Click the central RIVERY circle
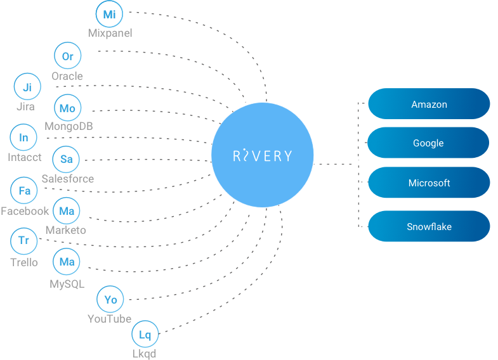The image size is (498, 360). (x=262, y=155)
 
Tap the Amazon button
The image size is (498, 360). (x=429, y=104)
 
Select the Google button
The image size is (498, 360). (x=429, y=143)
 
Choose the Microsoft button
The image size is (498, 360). (x=429, y=183)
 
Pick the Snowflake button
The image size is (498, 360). (x=429, y=226)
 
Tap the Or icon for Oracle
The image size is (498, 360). (x=67, y=56)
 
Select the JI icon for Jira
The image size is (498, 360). (x=27, y=87)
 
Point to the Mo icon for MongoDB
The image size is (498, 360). (x=67, y=108)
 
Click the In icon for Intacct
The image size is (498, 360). (x=23, y=138)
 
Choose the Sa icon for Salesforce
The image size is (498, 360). (x=66, y=159)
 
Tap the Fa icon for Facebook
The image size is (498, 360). (x=25, y=191)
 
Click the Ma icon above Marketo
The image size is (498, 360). (x=67, y=211)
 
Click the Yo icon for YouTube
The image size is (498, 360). (x=110, y=299)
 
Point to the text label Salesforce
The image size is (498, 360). (x=68, y=179)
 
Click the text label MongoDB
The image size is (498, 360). (x=69, y=126)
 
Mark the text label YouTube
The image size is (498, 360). (x=110, y=319)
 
